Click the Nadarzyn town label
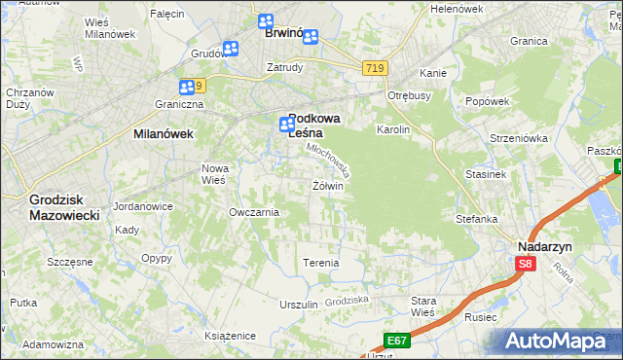pyautogui.click(x=543, y=247)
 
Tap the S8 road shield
pyautogui.click(x=526, y=264)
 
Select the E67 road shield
pyautogui.click(x=395, y=340)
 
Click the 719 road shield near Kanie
pyautogui.click(x=376, y=68)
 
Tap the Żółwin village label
pyautogui.click(x=328, y=185)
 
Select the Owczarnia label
pyautogui.click(x=253, y=212)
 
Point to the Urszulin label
pyautogui.click(x=299, y=305)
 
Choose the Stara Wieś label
pyautogui.click(x=422, y=306)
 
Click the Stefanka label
pyautogui.click(x=477, y=219)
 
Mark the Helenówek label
pyautogui.click(x=457, y=9)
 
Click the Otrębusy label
pyautogui.click(x=409, y=95)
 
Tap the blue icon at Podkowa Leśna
pyautogui.click(x=286, y=125)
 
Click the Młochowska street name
pyautogui.click(x=327, y=160)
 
